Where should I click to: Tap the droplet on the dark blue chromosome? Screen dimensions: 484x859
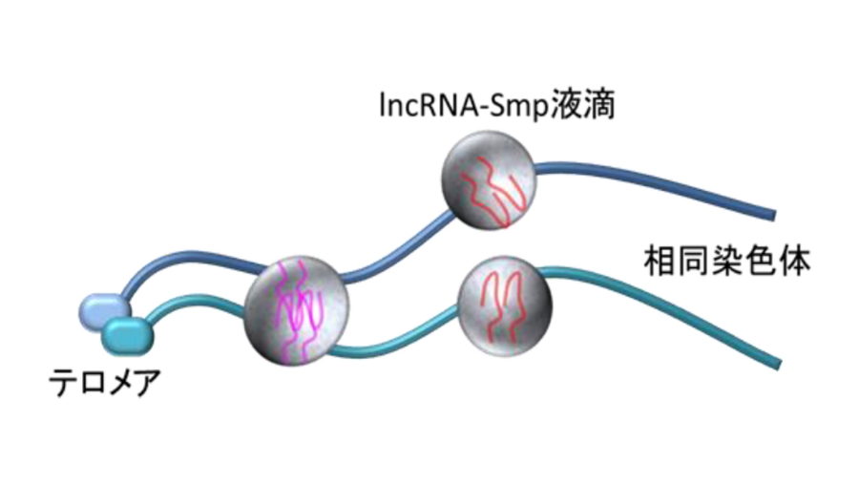(488, 181)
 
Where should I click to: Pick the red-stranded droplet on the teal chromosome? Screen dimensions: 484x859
(504, 305)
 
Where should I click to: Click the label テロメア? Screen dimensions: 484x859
(105, 384)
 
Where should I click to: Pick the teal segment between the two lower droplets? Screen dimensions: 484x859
(401, 346)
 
